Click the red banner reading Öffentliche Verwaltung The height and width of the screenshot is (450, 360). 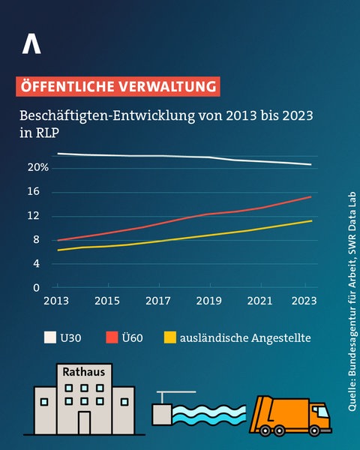118,86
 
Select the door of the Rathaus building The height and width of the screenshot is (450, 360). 84,422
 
